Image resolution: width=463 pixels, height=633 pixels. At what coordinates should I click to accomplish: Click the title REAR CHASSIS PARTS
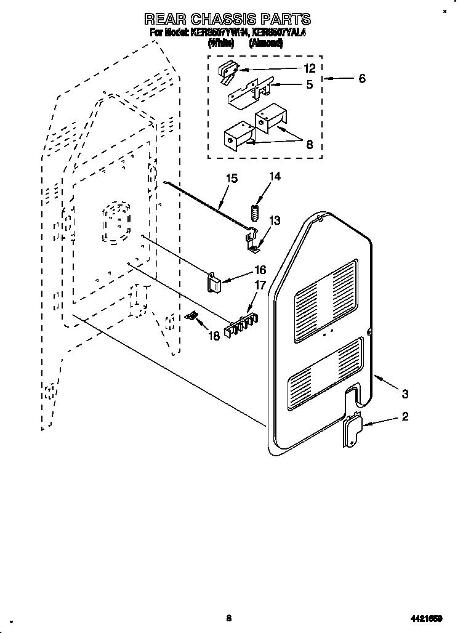(x=227, y=19)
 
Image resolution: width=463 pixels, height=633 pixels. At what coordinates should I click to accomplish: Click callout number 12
(x=309, y=68)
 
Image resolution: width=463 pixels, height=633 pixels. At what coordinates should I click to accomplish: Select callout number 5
(x=309, y=84)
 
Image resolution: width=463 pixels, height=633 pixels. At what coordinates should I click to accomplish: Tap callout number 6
(x=361, y=78)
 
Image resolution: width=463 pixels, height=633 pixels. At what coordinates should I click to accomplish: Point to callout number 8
(x=309, y=145)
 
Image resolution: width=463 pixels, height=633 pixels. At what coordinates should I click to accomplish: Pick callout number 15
(x=231, y=179)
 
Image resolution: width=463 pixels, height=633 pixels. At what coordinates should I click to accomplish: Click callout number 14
(x=274, y=177)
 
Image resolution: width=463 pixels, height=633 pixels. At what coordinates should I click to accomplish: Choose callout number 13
(x=274, y=220)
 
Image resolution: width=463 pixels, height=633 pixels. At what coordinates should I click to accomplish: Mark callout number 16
(x=260, y=270)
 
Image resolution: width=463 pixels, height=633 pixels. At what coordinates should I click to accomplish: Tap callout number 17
(x=260, y=286)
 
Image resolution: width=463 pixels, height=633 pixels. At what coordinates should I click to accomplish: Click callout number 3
(x=405, y=393)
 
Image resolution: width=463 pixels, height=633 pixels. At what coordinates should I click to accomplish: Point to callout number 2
(x=405, y=417)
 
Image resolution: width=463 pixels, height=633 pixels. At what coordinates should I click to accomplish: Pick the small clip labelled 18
(x=191, y=316)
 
